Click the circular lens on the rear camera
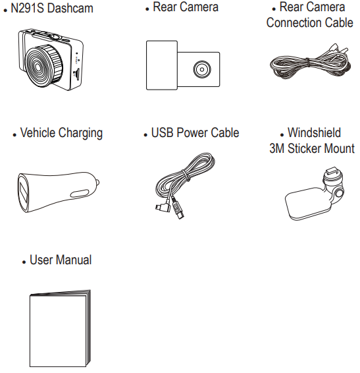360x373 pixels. pos(202,69)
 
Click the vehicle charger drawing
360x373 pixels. pos(58,192)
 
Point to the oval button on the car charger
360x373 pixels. pos(80,194)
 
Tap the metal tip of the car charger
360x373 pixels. pos(97,183)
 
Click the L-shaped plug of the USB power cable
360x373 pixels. pos(163,207)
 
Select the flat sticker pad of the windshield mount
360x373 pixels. pos(307,204)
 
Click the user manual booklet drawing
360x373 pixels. pos(60,328)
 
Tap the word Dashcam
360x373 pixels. pos(70,9)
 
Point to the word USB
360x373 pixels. pos(162,132)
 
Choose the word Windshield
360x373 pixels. pos(314,132)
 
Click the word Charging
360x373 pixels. pos(80,133)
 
